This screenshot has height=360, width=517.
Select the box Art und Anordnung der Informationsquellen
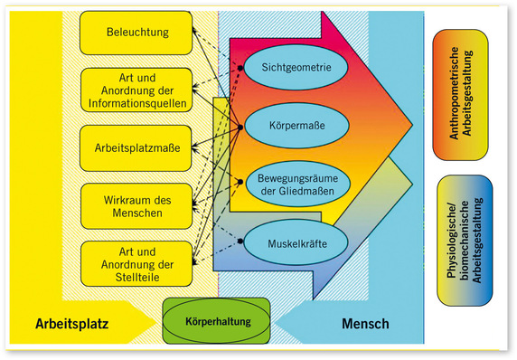click(x=136, y=89)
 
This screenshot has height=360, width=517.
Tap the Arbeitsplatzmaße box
click(x=136, y=145)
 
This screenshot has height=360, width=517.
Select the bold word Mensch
click(x=367, y=323)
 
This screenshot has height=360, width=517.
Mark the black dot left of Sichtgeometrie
click(x=240, y=68)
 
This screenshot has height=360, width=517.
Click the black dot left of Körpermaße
click(x=240, y=121)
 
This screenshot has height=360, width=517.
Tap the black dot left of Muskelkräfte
click(x=240, y=242)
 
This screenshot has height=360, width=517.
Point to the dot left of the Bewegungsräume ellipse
click(x=240, y=181)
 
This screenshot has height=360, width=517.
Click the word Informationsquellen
click(x=136, y=103)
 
